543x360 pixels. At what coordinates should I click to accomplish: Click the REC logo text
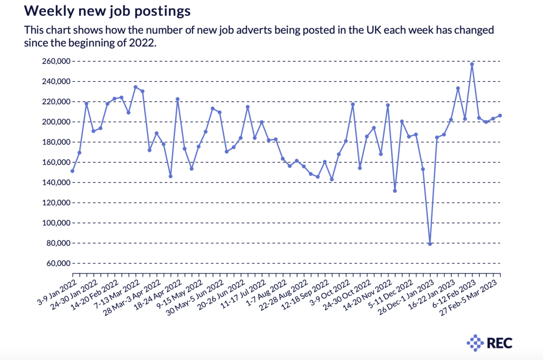(500, 343)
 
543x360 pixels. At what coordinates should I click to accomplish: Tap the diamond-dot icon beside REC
(475, 343)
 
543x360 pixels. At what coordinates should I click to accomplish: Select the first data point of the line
(72, 171)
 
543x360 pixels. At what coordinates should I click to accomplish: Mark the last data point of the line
(500, 115)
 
